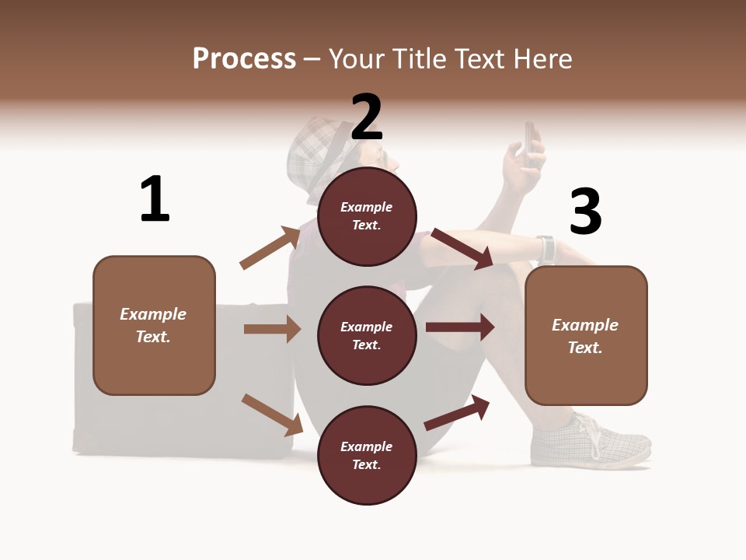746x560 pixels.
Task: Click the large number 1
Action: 155,200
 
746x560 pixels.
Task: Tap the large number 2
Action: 367,117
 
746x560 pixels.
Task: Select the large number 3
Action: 585,212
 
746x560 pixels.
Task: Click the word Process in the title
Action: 244,58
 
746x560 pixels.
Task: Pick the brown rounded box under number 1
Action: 154,325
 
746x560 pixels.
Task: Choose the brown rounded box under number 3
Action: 586,335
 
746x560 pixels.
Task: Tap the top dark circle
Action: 367,216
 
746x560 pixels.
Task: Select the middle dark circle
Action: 367,335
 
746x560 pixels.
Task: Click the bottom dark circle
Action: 367,455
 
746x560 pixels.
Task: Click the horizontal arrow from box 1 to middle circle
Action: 272,329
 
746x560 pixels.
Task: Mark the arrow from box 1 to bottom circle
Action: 272,414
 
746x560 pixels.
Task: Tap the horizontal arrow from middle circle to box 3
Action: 460,327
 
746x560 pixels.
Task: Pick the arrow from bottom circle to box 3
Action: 458,412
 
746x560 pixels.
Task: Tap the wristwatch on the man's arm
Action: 546,249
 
